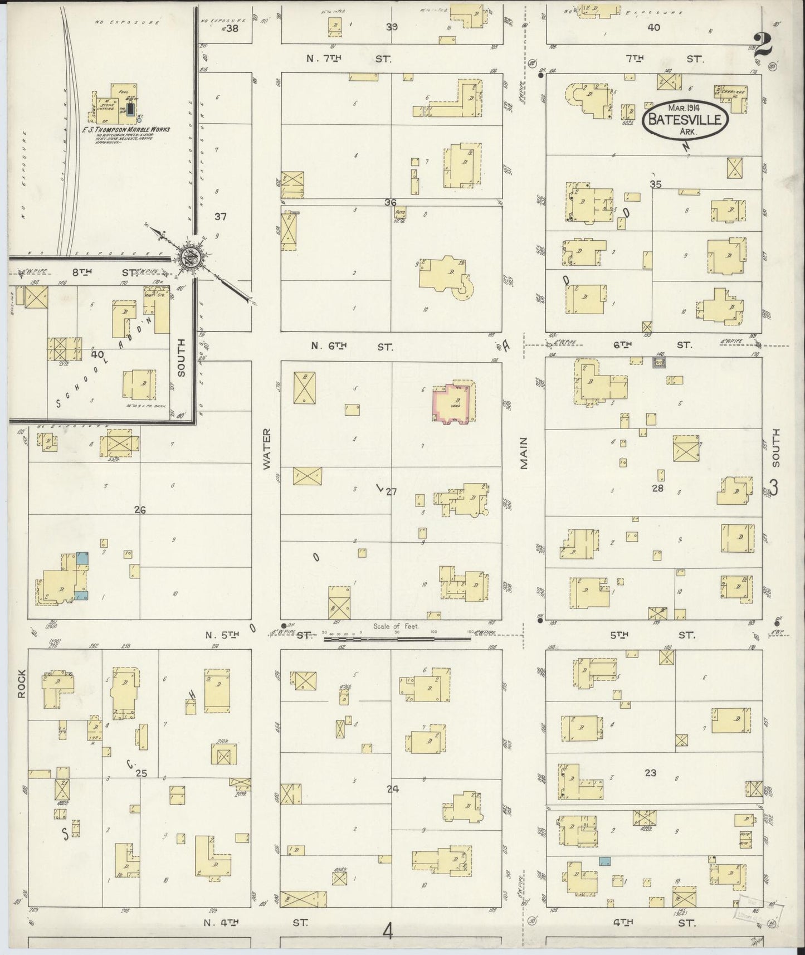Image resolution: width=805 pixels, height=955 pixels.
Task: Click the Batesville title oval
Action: [x=685, y=118]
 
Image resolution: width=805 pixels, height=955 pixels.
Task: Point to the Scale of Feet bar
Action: [x=398, y=638]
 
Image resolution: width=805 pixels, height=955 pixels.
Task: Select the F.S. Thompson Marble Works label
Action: [x=132, y=129]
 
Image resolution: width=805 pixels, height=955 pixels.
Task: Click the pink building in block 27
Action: [x=454, y=403]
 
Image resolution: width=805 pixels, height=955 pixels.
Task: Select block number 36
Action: [x=390, y=202]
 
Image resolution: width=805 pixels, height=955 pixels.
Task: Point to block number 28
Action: [x=658, y=488]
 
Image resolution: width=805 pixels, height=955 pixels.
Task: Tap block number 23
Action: [x=650, y=772]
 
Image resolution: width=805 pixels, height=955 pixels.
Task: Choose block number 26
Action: [x=140, y=509]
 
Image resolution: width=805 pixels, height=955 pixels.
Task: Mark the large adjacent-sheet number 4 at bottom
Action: [x=388, y=931]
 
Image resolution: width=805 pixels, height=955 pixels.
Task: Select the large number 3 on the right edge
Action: [x=773, y=488]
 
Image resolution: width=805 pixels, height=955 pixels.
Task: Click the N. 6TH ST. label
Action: [x=351, y=346]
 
